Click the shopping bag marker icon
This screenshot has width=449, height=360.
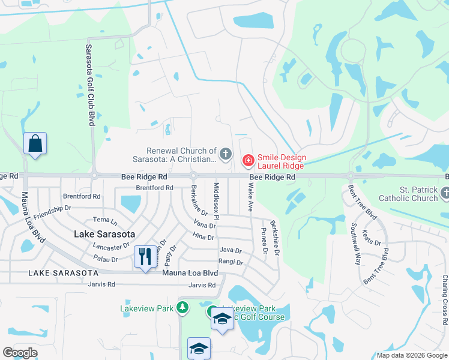[x=35, y=144]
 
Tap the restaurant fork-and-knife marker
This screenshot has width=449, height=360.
[x=145, y=257]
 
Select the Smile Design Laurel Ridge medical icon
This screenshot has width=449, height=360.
[x=247, y=160]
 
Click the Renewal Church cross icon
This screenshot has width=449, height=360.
[x=225, y=154]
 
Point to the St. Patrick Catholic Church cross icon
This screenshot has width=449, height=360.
[x=445, y=193]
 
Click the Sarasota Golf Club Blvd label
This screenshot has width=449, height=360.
[x=91, y=84]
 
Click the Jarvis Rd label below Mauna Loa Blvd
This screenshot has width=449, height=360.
[x=202, y=284]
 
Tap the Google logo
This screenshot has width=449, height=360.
[x=20, y=353]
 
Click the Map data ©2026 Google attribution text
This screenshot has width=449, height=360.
[x=411, y=355]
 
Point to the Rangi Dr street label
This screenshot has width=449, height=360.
[x=231, y=262]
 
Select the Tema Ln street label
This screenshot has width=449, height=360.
[x=101, y=220]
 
